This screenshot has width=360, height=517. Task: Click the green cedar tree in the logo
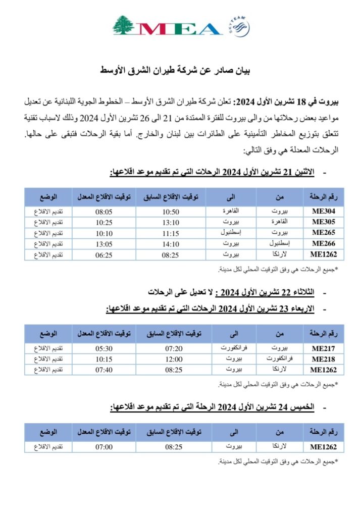(x=124, y=25)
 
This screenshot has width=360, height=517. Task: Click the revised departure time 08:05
(x=104, y=212)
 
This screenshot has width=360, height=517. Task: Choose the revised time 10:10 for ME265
(x=104, y=233)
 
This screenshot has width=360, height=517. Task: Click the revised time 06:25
(x=104, y=254)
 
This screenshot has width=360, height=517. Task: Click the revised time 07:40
(x=104, y=370)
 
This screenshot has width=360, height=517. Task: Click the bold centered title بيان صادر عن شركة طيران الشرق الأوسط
(x=180, y=71)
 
